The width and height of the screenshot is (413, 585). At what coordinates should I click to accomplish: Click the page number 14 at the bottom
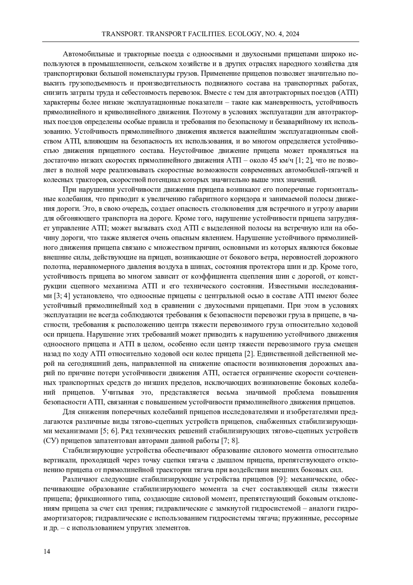[x=47, y=552]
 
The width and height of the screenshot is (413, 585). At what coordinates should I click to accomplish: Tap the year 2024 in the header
[x=291, y=34]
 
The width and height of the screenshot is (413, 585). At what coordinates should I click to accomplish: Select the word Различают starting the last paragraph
[x=80, y=479]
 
